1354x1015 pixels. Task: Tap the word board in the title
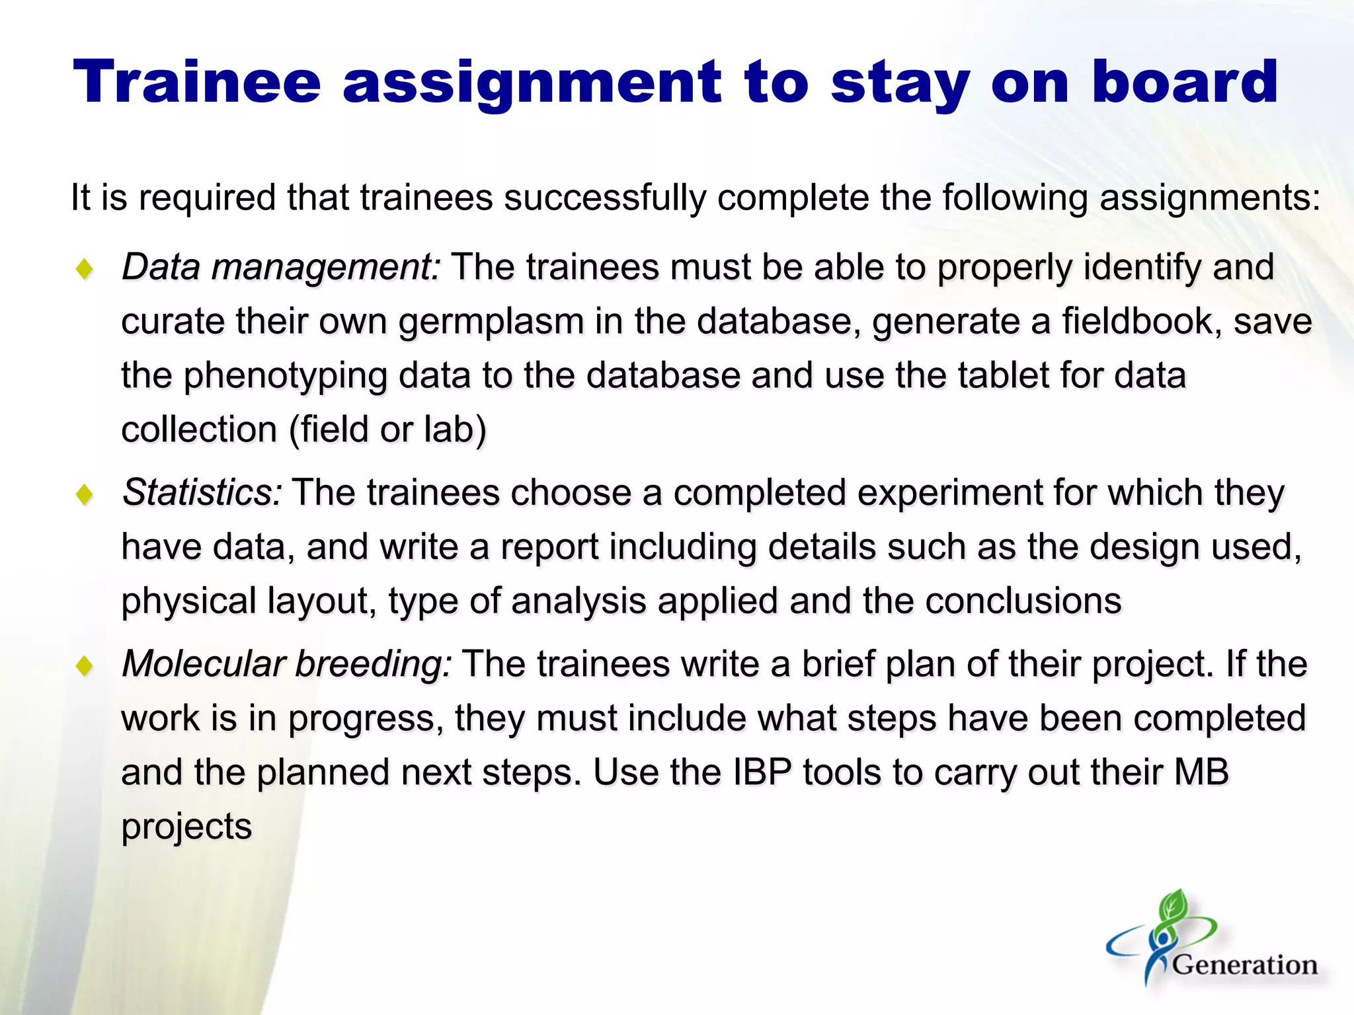(1185, 82)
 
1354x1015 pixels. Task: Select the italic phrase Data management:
(281, 268)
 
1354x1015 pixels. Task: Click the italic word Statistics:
(202, 493)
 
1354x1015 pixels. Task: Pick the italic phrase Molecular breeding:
(287, 664)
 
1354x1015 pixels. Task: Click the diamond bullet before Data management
(85, 270)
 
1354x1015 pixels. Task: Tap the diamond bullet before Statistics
(85, 494)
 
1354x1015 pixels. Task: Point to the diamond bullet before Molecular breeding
(85, 665)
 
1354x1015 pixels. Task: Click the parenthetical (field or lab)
(388, 430)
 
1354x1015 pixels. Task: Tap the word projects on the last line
(186, 827)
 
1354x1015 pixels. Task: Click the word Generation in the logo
(1244, 965)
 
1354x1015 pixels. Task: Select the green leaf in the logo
(1174, 907)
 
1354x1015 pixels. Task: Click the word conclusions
(1023, 601)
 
